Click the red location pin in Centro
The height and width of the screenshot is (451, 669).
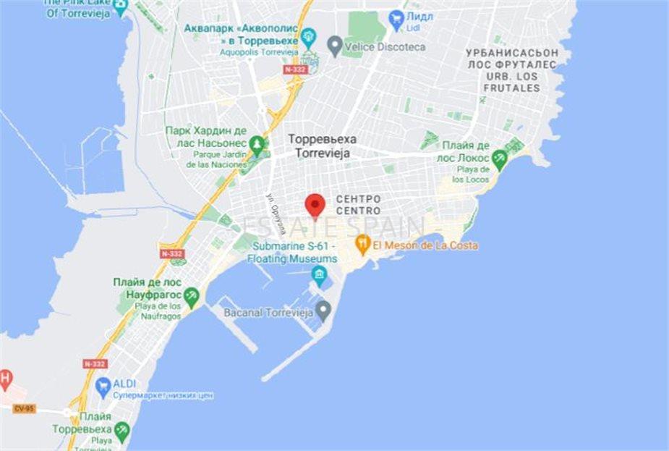(x=314, y=204)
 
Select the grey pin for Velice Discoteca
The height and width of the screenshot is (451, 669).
(x=334, y=46)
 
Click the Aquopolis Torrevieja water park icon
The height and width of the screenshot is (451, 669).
(x=310, y=35)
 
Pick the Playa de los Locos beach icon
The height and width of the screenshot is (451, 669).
(x=499, y=158)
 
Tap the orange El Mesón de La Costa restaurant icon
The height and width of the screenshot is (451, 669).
(x=363, y=245)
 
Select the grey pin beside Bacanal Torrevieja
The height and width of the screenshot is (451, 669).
(x=323, y=312)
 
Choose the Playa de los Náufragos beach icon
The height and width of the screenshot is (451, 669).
(x=192, y=295)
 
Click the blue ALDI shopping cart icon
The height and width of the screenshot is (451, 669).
(x=103, y=384)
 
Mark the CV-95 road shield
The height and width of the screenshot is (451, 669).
(x=23, y=408)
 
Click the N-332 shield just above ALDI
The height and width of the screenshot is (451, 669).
(x=95, y=363)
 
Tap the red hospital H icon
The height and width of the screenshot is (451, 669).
(x=5, y=378)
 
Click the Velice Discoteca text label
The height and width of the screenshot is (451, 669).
(x=385, y=46)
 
